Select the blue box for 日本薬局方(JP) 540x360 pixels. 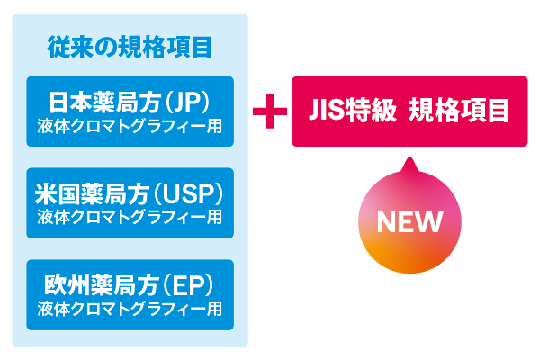(x=130, y=112)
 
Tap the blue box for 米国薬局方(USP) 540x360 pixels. (x=130, y=202)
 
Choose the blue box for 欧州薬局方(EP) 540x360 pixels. (x=130, y=294)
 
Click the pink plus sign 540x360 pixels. (x=269, y=112)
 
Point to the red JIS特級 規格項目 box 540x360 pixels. (x=409, y=112)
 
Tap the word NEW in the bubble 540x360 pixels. (x=409, y=220)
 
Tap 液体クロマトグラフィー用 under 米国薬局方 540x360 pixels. (x=130, y=216)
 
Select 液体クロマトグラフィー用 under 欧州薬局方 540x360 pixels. (x=130, y=308)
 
